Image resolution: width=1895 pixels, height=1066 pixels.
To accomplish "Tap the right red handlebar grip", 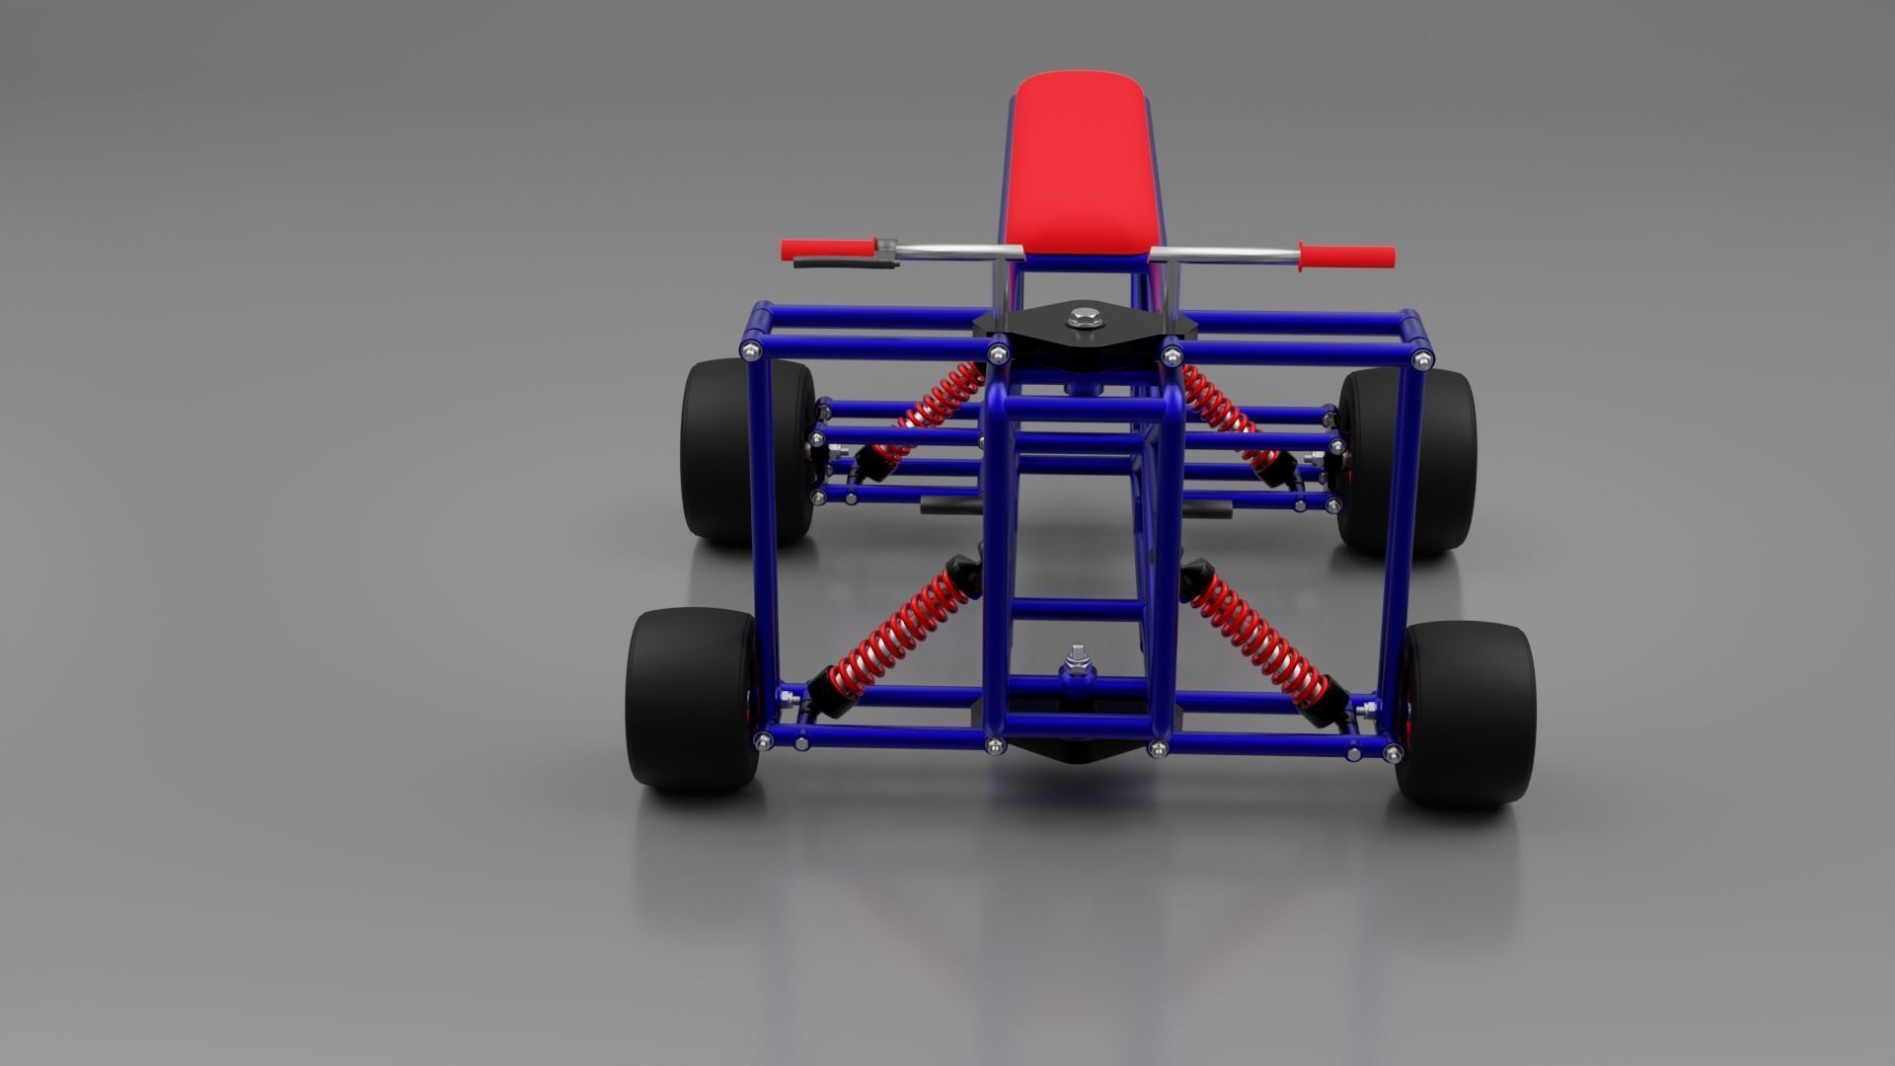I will [1347, 258].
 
